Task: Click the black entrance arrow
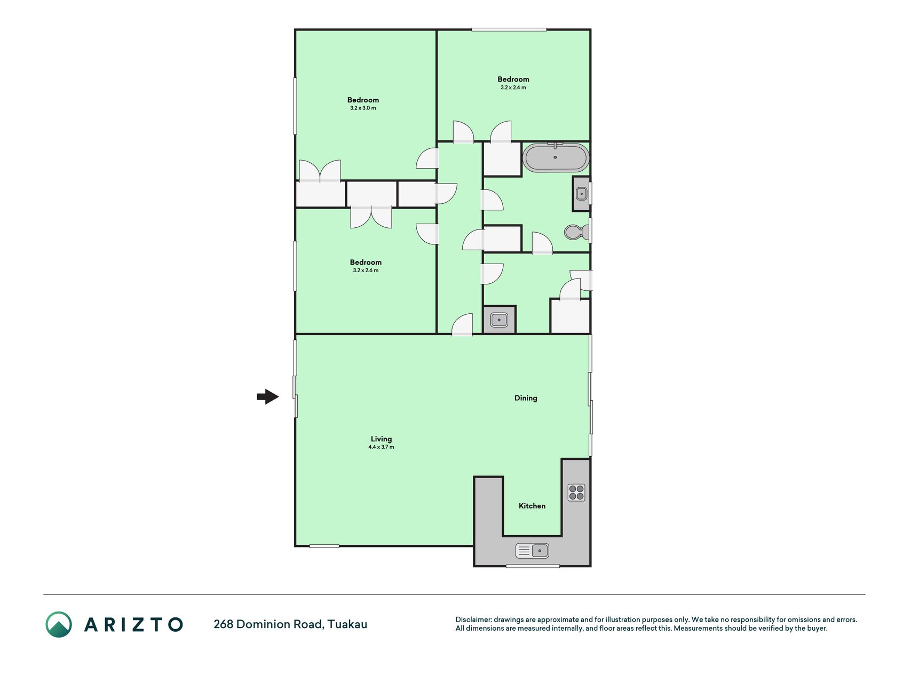tap(268, 396)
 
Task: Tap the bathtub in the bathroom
tap(556, 157)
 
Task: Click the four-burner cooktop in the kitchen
tap(576, 492)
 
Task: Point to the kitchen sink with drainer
tap(532, 550)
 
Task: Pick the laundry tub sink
tap(499, 320)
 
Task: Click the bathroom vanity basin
tap(581, 194)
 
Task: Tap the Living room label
tap(381, 439)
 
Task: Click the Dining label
tap(526, 398)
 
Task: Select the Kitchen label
tap(532, 506)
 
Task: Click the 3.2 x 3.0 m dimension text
tap(363, 108)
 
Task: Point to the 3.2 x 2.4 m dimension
tap(513, 88)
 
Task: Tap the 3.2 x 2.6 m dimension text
tap(366, 270)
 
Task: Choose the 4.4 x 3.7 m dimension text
tap(381, 447)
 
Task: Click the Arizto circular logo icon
tap(59, 624)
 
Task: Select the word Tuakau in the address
tap(347, 624)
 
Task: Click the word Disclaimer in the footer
tap(473, 620)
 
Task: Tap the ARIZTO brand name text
tap(133, 624)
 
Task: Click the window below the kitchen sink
tap(533, 566)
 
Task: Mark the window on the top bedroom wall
tap(509, 29)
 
